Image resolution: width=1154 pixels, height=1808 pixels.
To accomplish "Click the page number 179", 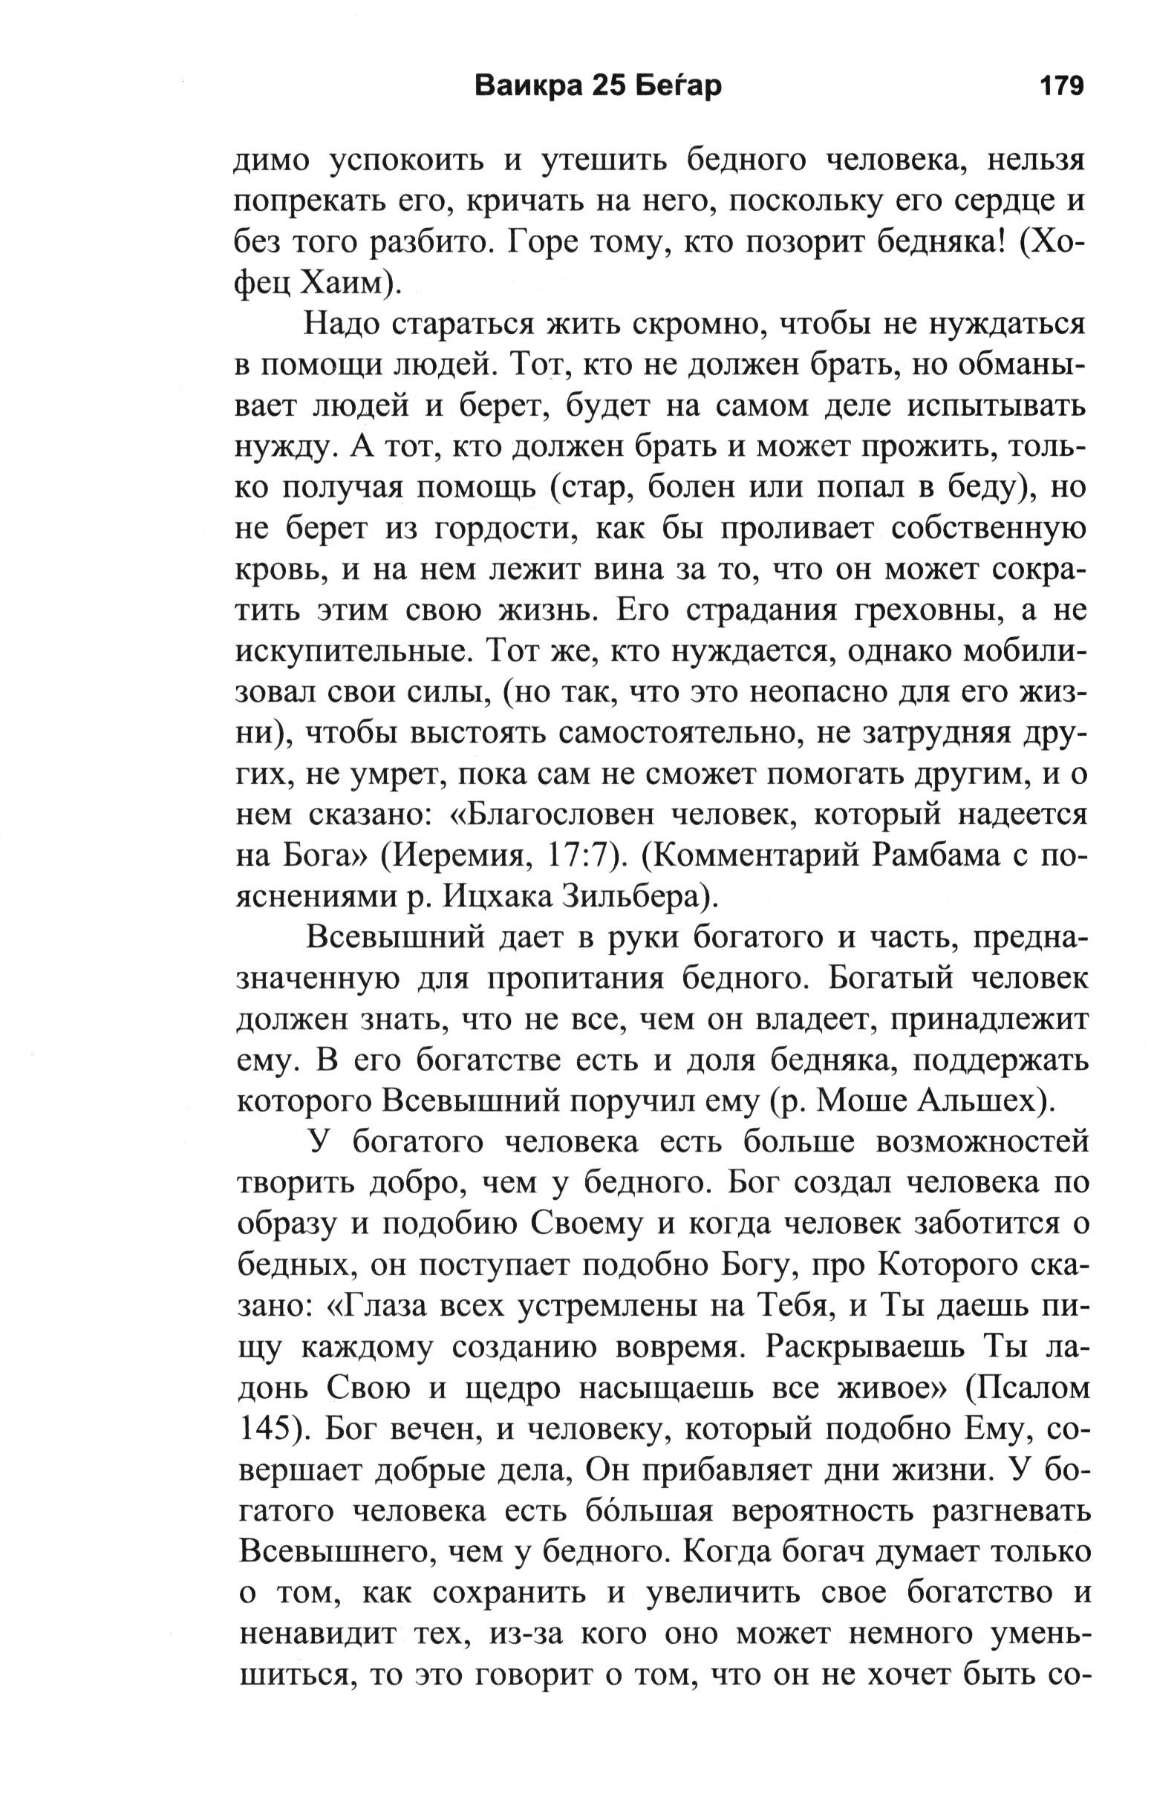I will pos(1061,86).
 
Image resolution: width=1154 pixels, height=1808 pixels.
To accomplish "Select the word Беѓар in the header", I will pos(679,86).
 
